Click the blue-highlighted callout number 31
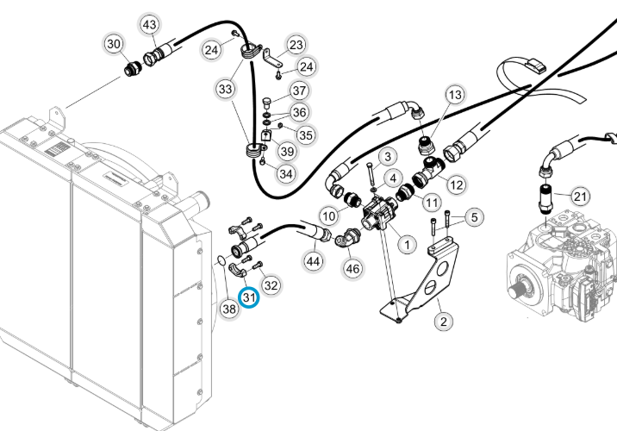[x=249, y=297]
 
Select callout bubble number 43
[x=150, y=25]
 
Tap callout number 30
[x=114, y=44]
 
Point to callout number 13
[x=455, y=95]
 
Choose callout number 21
[x=580, y=196]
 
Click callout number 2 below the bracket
[x=444, y=322]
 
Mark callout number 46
[x=352, y=268]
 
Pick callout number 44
[x=313, y=261]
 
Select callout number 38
[x=229, y=309]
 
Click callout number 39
[x=287, y=151]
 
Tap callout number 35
[x=306, y=135]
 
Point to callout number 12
[x=457, y=184]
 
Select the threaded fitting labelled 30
[x=132, y=69]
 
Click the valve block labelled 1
[x=378, y=214]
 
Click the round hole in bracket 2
[x=442, y=269]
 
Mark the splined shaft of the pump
[x=516, y=291]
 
